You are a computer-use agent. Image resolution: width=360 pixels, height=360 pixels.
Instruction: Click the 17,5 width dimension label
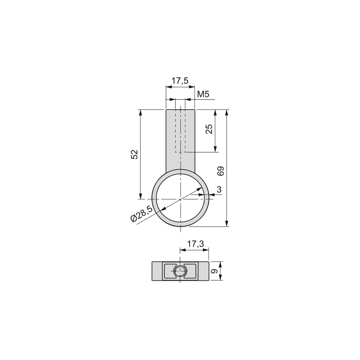tap(180, 81)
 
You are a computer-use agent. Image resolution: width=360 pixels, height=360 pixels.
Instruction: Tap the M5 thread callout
tap(203, 94)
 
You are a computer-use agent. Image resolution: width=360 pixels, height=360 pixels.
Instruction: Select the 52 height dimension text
tap(134, 154)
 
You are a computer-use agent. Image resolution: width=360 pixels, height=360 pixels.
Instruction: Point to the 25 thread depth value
tap(209, 129)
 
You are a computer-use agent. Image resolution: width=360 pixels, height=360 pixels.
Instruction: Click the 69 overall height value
tap(221, 171)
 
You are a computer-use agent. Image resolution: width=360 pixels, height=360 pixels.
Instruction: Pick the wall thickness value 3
tap(219, 190)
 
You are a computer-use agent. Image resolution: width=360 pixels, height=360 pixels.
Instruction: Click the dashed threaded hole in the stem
tap(180, 131)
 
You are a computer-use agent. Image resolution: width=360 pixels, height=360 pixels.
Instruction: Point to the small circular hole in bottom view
tap(180, 271)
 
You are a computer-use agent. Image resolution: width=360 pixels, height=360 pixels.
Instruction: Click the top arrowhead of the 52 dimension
tap(140, 112)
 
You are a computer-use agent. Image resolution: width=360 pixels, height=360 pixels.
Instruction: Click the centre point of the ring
tap(180, 199)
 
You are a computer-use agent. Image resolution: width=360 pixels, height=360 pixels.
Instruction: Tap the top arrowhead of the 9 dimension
tap(220, 264)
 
